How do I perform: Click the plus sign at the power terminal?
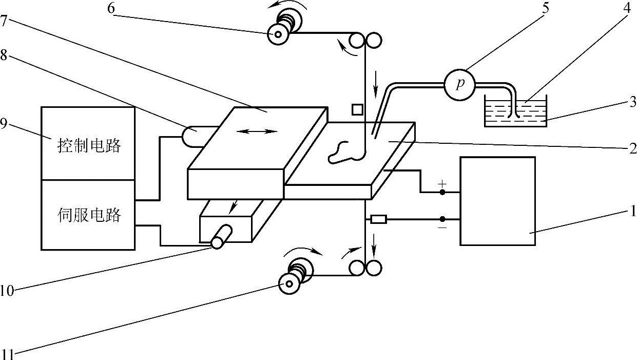tap(442, 183)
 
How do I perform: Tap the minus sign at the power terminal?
tap(442, 226)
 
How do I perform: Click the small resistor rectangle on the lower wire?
tap(378, 220)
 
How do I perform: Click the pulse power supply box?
tap(497, 201)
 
